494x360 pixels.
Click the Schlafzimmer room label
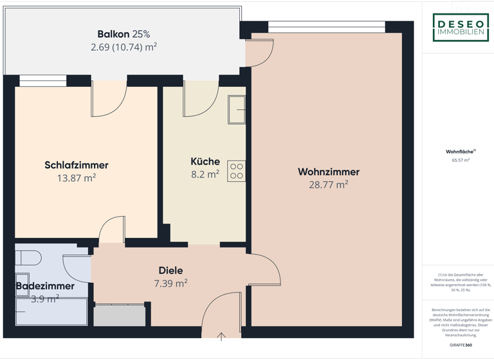click(76, 165)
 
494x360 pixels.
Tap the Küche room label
click(205, 161)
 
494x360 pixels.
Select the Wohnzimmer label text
click(328, 172)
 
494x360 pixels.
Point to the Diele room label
click(170, 271)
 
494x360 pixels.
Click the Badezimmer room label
click(45, 286)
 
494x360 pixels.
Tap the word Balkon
click(113, 34)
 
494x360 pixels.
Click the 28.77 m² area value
click(328, 184)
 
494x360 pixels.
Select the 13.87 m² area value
click(76, 178)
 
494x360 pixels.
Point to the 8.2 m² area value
click(205, 174)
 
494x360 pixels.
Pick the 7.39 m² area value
click(170, 283)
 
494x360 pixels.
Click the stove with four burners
click(236, 170)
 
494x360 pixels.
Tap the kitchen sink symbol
click(237, 109)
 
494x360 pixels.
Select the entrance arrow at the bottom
click(221, 336)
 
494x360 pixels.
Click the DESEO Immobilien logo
click(460, 28)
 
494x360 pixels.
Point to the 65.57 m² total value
click(460, 160)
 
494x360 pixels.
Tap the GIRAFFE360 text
click(460, 345)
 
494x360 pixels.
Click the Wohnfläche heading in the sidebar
click(459, 152)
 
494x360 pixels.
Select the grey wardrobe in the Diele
click(120, 316)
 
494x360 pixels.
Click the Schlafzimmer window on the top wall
click(42, 80)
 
